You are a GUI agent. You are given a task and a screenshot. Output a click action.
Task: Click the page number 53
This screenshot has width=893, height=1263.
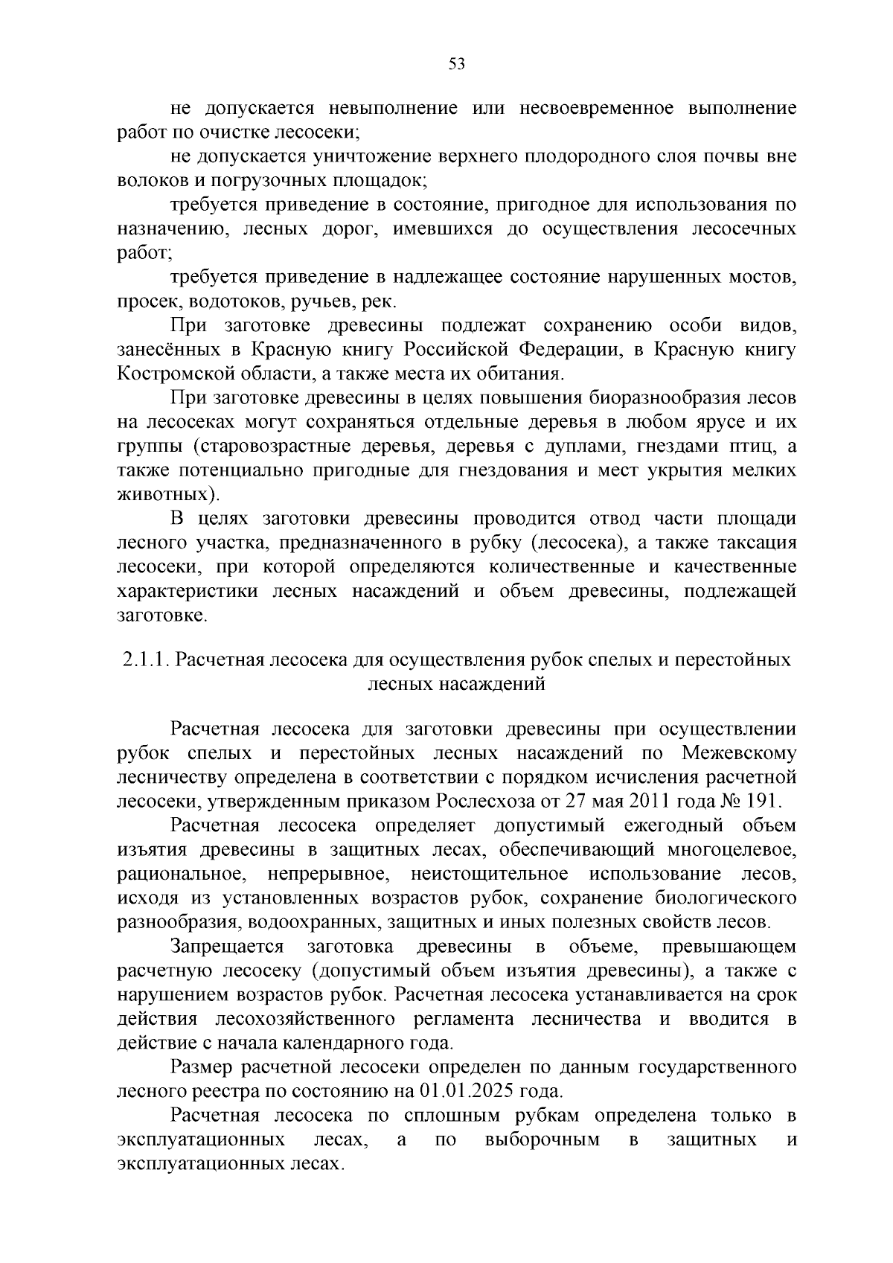457,65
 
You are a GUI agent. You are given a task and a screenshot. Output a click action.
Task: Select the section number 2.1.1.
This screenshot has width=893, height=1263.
146,660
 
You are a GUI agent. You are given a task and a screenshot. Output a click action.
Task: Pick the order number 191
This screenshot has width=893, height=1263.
757,802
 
